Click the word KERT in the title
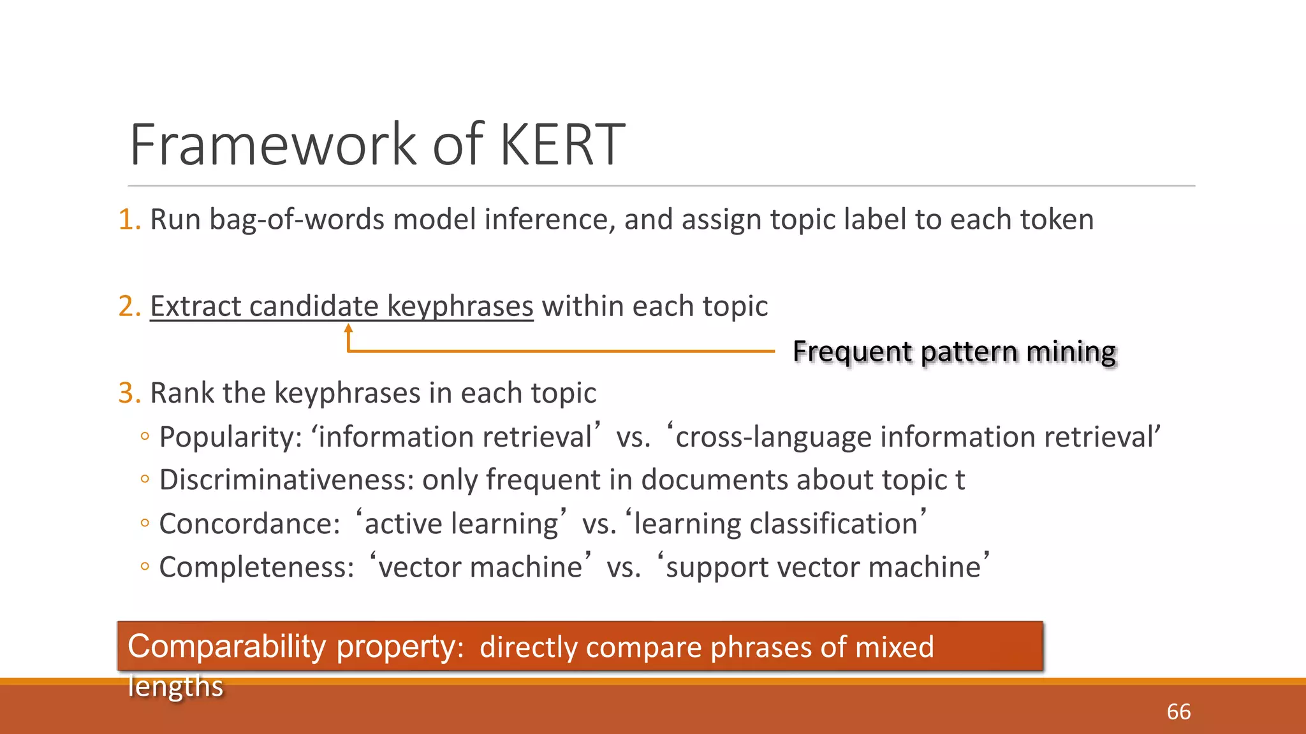561,145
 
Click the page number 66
1178,712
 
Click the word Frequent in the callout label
852,352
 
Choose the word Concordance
249,524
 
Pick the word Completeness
256,567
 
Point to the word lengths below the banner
175,687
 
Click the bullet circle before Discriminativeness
145,480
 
